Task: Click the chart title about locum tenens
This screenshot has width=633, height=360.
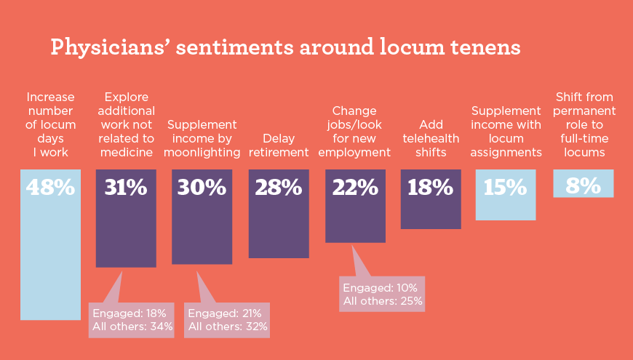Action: tap(285, 47)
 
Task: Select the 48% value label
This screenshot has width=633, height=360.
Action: tap(50, 188)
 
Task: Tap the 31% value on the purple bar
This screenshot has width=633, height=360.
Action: tap(126, 188)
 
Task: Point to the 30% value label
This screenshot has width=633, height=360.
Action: tap(202, 188)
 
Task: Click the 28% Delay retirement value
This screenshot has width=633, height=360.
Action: tap(278, 188)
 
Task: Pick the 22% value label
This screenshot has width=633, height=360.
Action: tap(355, 188)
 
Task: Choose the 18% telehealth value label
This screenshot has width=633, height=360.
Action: tap(431, 188)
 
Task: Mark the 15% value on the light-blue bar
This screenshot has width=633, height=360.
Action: tap(506, 188)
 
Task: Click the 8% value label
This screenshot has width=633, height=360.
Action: tap(583, 186)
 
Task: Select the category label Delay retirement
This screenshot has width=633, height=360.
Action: tap(279, 145)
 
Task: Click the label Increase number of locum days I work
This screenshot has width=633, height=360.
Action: tap(50, 124)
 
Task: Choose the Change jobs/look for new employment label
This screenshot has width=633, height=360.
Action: tap(354, 132)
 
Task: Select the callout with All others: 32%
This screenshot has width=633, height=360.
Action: tap(228, 319)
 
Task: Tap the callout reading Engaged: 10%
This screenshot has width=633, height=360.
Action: tap(382, 293)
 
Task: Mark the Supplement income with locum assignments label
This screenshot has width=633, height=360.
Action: tap(506, 132)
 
